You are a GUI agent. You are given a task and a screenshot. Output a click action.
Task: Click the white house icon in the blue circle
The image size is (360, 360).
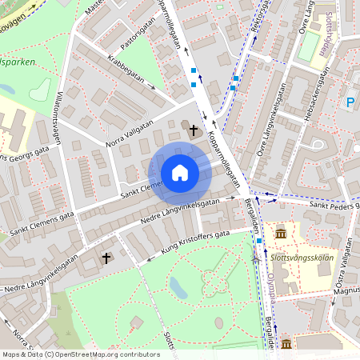[179, 173]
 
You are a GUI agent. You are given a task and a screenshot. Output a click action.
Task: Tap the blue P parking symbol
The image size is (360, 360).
[350, 102]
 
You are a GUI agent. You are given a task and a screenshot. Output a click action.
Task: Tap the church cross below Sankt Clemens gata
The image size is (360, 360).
[106, 258]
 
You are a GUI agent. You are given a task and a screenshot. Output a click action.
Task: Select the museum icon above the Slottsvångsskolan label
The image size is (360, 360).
[282, 233]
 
